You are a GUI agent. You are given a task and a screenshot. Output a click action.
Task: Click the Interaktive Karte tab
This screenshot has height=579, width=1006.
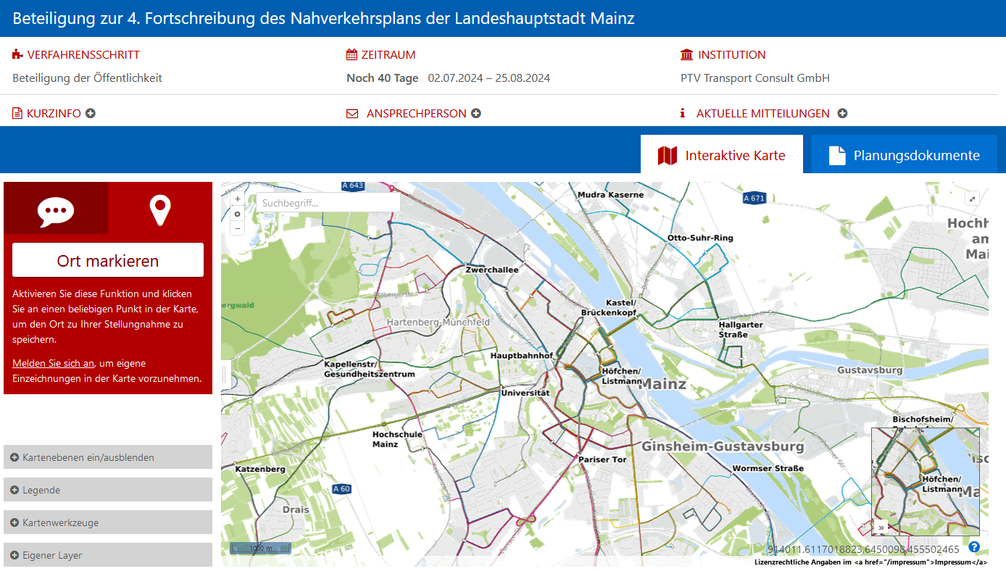[721, 155]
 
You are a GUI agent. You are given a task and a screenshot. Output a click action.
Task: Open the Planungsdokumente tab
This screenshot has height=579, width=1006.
[904, 155]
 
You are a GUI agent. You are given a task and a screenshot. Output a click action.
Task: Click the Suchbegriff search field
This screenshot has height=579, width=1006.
[328, 203]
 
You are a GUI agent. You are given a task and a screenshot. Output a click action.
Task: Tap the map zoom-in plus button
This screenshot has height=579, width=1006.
[237, 199]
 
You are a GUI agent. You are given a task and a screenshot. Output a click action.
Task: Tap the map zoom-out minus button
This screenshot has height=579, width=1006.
[237, 228]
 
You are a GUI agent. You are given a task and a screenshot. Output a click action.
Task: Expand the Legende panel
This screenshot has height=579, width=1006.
[107, 490]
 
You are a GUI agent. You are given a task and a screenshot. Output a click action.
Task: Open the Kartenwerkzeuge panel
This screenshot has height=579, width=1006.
[107, 522]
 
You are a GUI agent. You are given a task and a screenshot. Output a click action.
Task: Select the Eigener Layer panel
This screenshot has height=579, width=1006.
[107, 555]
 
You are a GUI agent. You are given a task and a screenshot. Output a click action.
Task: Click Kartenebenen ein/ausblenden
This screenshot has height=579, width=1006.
[107, 457]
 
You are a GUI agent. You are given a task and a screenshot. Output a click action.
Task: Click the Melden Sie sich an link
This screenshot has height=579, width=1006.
[53, 363]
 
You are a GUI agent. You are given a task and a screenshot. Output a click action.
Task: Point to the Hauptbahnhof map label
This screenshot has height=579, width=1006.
[521, 356]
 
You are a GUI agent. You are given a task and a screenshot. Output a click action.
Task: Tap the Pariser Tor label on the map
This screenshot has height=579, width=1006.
[602, 459]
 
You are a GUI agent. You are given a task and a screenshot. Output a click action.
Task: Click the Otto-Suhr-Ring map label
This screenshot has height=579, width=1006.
[700, 238]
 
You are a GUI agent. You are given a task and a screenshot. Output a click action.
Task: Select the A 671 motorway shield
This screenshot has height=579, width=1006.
[754, 198]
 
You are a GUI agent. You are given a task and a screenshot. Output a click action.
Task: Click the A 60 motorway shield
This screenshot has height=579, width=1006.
[341, 489]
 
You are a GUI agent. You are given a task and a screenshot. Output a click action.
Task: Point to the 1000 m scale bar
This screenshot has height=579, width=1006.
[260, 549]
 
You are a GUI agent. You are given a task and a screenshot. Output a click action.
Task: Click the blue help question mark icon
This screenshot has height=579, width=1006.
[974, 547]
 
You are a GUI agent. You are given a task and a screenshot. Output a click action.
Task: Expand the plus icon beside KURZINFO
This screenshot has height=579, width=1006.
[91, 113]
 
